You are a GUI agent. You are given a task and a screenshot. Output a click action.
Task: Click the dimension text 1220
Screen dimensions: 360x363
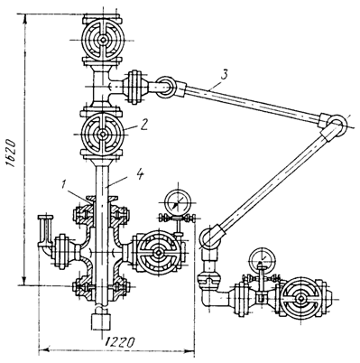[x=120, y=342]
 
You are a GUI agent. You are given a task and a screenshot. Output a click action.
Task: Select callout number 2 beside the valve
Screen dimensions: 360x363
[x=143, y=125]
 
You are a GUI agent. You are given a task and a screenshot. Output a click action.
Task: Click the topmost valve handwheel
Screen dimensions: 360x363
[x=103, y=40]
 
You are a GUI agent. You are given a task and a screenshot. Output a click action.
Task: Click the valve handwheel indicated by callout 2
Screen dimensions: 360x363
[x=103, y=134]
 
